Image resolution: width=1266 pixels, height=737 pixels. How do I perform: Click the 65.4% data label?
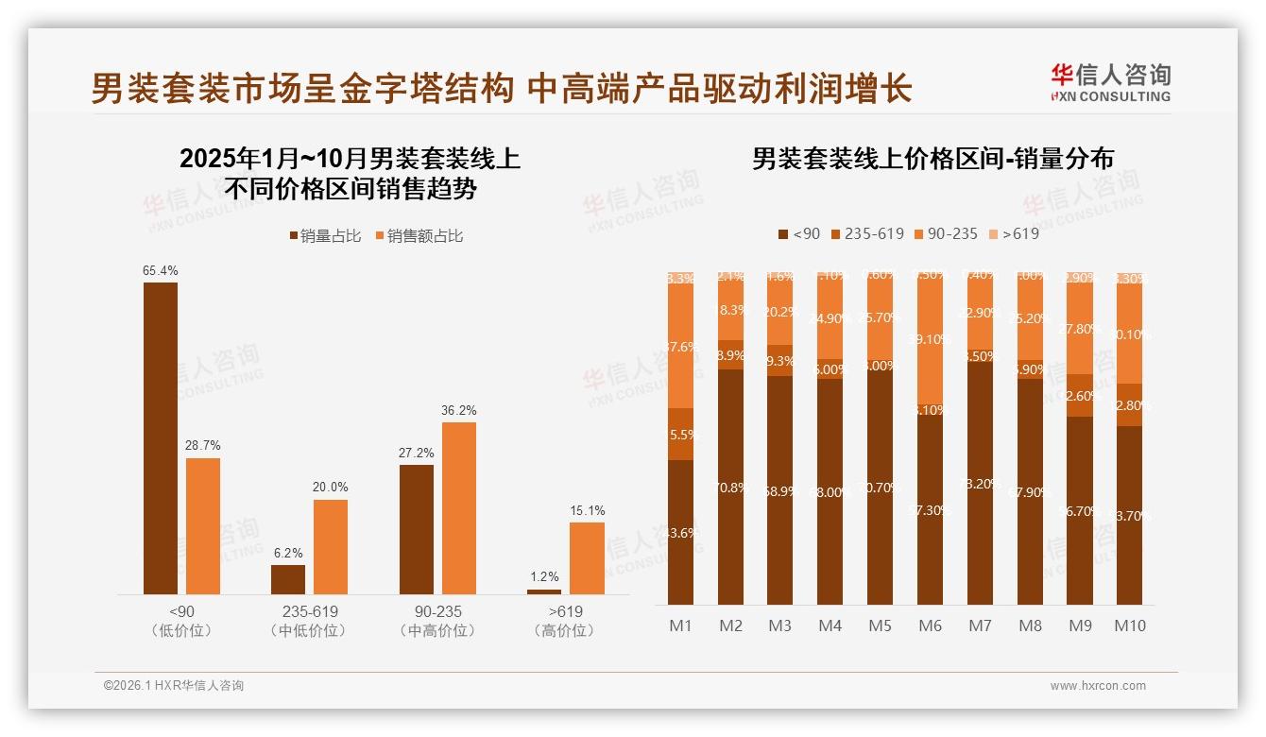click(x=161, y=270)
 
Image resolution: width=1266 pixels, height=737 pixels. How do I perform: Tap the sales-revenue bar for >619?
click(x=587, y=557)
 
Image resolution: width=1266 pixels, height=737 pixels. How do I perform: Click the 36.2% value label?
click(x=459, y=410)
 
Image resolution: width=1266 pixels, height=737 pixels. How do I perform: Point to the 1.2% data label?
click(x=544, y=576)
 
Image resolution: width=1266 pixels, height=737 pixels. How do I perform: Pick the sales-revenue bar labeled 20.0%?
click(x=331, y=546)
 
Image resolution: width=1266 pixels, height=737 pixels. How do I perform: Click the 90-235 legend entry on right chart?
click(x=946, y=233)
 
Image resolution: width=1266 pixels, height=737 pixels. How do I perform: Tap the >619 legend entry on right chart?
click(x=1013, y=233)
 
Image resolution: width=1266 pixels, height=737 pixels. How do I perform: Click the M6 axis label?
click(x=930, y=626)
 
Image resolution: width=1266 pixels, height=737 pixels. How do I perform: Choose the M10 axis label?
click(x=1129, y=626)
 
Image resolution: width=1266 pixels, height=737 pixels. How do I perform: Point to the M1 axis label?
click(x=680, y=626)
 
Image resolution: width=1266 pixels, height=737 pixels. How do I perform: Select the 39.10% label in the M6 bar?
click(x=930, y=338)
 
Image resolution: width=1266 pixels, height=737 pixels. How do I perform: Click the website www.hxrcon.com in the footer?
click(x=1098, y=686)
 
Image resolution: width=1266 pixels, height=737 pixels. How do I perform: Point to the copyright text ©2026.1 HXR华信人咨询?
click(x=173, y=686)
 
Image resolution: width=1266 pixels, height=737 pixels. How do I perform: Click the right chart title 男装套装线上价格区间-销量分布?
click(x=932, y=159)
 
